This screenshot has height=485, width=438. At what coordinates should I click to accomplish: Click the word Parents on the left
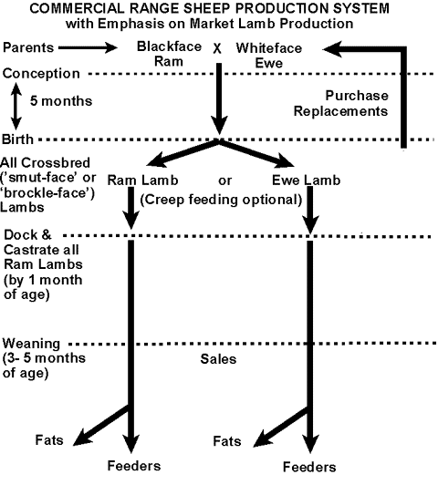point(28,47)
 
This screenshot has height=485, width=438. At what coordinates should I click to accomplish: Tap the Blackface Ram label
point(169,54)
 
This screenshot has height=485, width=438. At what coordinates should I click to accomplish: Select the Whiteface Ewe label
point(268,56)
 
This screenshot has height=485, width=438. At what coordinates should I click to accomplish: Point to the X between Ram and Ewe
point(217,48)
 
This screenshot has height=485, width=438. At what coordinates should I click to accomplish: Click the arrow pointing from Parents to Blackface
point(88,47)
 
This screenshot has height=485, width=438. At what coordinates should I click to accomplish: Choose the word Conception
point(41,74)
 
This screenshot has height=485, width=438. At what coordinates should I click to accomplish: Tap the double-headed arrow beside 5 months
point(16,106)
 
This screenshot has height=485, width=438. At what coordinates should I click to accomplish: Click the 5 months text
point(61,101)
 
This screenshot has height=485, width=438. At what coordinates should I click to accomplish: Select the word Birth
point(17,139)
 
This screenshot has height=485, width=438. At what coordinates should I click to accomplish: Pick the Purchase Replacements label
point(340,103)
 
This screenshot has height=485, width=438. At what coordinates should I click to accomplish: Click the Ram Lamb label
point(142,180)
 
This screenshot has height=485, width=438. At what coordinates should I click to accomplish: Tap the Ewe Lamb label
point(306,180)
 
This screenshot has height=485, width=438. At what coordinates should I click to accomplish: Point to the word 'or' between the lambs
point(224,181)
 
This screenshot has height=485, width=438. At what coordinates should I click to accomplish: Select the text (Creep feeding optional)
point(221,200)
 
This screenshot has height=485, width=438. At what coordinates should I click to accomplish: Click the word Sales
point(218,359)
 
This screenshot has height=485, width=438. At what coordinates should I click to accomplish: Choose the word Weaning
point(31,344)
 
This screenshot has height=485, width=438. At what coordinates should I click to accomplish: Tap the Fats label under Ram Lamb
point(49,439)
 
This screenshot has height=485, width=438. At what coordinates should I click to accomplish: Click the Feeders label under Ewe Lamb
point(309,467)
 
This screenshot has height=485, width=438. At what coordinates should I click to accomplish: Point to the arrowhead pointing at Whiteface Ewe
point(332,49)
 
